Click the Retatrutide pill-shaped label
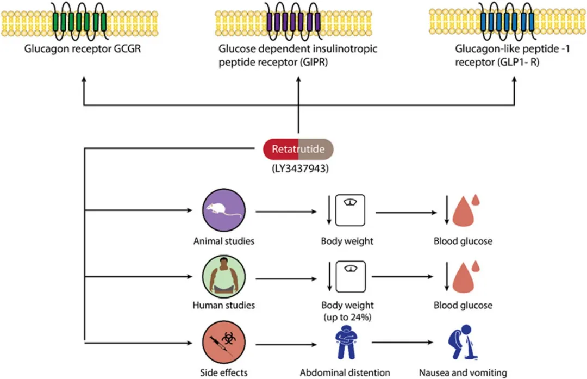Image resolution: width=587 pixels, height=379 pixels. (x=298, y=148)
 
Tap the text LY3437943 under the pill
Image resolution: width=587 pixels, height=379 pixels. (x=298, y=168)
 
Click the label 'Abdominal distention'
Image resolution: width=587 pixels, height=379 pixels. (x=345, y=373)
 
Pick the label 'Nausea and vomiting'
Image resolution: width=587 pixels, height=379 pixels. (x=463, y=373)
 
